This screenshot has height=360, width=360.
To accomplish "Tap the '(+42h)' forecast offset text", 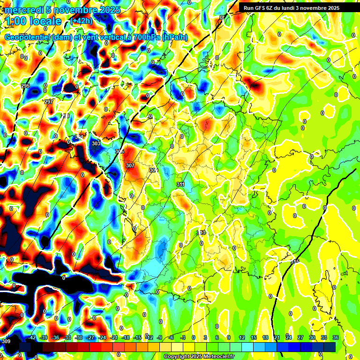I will click(82, 21).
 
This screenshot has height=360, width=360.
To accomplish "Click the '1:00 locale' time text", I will click(33, 21).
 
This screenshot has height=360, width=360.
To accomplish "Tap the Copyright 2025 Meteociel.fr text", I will click(199, 357).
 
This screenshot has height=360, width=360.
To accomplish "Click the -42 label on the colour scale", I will click(32, 337).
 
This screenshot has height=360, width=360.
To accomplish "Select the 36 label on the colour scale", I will click(336, 337).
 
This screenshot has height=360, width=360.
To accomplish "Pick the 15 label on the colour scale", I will click(254, 337).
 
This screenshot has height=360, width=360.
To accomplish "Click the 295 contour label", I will click(25, 86).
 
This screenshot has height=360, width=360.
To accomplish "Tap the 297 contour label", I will click(49, 102).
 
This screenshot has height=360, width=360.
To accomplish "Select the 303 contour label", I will click(96, 143).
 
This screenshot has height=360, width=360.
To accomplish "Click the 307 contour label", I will click(130, 165).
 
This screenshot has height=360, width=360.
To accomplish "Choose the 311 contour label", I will click(180, 184).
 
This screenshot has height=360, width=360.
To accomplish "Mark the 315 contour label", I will click(295, 261).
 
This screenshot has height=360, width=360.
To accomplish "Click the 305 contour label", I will click(120, 151).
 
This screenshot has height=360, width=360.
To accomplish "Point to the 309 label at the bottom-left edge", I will click(6, 341).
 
